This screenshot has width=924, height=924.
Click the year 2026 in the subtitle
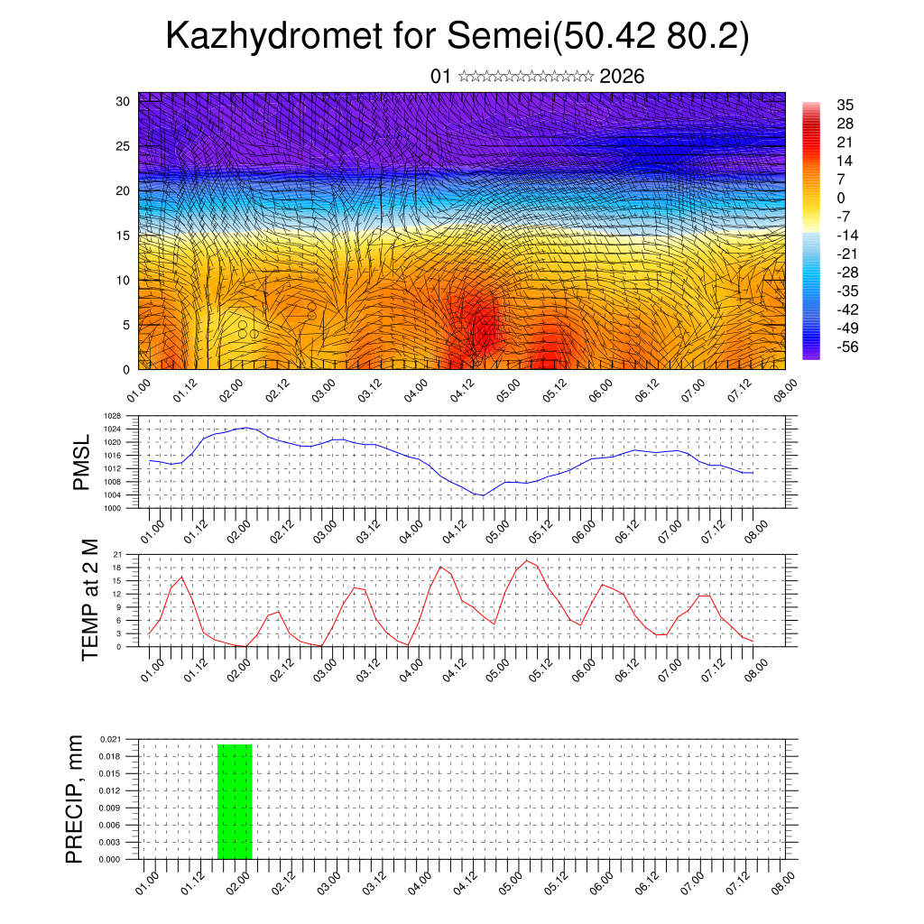(622, 77)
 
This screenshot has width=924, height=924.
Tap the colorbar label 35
(845, 106)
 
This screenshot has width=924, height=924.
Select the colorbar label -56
(849, 346)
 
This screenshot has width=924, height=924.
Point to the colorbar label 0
(842, 198)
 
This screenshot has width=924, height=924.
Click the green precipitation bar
(235, 801)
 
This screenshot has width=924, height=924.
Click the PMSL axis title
(82, 463)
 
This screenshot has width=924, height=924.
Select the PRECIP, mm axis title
(75, 799)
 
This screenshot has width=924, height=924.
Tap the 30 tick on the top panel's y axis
(124, 101)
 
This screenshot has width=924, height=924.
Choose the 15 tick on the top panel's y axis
(124, 236)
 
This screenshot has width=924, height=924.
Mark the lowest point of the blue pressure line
(483, 495)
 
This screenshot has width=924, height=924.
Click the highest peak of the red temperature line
(527, 560)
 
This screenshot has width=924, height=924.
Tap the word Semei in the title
(498, 37)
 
